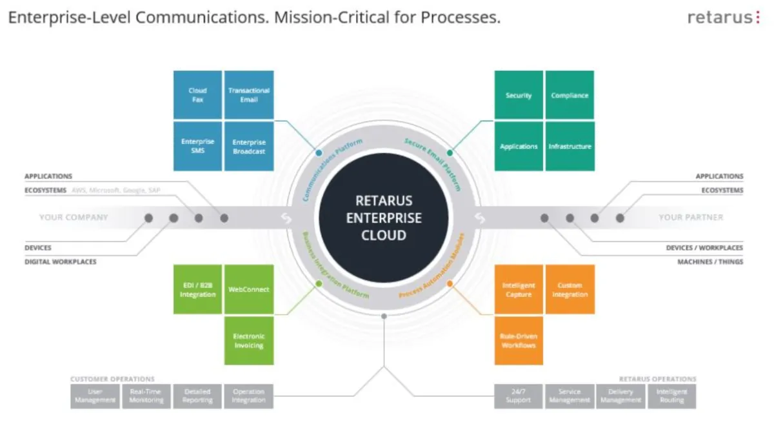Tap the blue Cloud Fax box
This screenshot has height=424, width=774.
point(197,95)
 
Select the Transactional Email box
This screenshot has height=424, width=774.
point(249,95)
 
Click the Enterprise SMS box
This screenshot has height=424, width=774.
point(197,146)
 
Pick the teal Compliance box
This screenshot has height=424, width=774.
point(570,95)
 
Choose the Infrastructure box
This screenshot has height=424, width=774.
point(570,146)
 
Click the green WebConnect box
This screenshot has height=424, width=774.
point(249,289)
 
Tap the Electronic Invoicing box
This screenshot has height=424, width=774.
point(249,341)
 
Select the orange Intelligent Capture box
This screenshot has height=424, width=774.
point(519,289)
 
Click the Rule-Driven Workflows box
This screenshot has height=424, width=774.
point(519,341)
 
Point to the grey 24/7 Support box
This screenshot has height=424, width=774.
point(519,396)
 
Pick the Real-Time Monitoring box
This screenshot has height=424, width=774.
point(146,396)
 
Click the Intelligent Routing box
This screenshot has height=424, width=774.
point(671,396)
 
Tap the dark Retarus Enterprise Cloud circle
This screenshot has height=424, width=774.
point(384,218)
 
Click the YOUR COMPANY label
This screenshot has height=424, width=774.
point(74,217)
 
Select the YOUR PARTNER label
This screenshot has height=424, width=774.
point(691,217)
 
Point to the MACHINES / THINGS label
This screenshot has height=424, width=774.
point(709,262)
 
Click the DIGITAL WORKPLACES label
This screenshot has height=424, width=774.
point(61,262)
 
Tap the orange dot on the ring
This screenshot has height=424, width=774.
point(450,283)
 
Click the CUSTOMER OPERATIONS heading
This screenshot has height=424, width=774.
point(112,379)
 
